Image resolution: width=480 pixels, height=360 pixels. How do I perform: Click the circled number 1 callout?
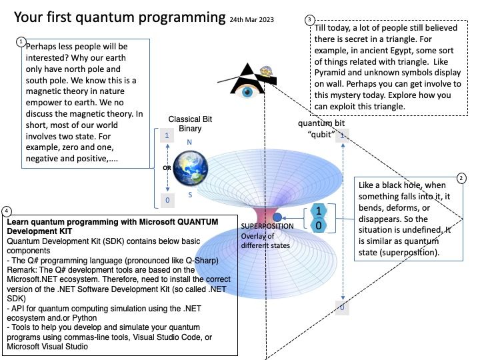pos(21,41)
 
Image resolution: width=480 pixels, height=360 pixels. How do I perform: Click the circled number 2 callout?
pos(461,179)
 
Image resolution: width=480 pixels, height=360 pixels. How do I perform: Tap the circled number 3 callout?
pos(309,20)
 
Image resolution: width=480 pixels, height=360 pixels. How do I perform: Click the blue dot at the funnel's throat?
pos(277,217)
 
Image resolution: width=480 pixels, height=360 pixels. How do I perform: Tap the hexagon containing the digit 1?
pos(319,211)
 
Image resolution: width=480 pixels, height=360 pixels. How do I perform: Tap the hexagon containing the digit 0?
pos(319,226)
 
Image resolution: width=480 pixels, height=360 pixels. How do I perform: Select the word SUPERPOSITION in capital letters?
pos(267,227)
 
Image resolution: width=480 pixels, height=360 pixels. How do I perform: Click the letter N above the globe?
pos(189,142)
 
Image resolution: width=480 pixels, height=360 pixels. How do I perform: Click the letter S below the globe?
pos(190,195)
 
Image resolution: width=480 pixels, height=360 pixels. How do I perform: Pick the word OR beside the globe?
pos(167,167)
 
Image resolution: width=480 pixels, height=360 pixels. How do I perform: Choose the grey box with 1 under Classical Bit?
pos(167,135)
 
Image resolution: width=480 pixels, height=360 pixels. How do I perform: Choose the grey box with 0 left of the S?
pos(167,199)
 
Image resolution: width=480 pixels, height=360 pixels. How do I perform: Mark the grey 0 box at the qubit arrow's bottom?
pos(342,307)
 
